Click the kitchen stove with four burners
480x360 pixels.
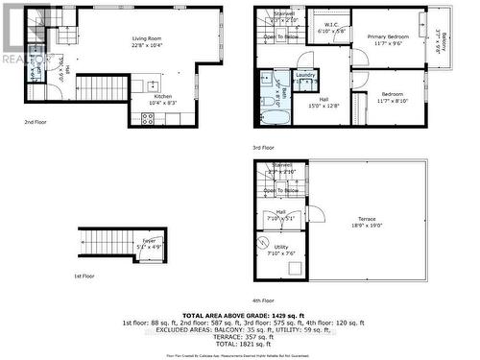149,118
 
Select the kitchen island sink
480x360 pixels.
154,84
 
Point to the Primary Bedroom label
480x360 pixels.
390,37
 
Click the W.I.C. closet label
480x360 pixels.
330,25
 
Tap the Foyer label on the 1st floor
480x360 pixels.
150,243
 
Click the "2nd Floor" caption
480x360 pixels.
36,122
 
